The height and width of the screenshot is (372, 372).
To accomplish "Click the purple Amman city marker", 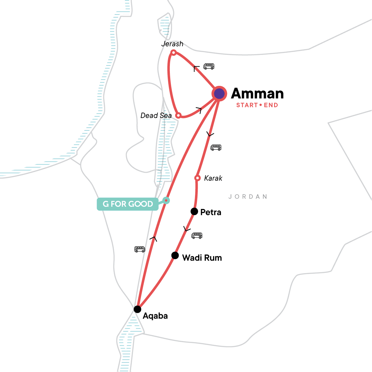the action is pos(219,94).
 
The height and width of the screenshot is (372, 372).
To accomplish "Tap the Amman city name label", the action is pos(257,94).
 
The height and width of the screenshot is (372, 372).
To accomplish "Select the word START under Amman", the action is pos(247,105).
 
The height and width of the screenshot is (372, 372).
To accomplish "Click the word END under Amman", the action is pos(271,105).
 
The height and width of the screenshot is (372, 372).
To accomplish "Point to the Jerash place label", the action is pos(172,44).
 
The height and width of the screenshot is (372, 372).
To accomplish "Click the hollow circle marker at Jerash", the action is pos(174,53).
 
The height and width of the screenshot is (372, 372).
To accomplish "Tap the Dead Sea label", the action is pos(156,116).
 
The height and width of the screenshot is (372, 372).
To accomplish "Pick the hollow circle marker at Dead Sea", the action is pos(178,116).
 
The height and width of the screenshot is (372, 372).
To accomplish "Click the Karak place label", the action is pos(213,178).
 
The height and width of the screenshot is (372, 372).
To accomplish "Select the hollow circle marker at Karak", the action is pos(197,178).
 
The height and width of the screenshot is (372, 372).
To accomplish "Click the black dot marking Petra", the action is pos(194,211).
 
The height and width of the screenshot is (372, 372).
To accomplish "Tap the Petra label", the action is pos(211,212).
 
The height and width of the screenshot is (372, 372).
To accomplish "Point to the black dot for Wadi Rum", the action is pos(175,255).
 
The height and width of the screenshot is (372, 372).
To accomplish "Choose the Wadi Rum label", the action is pos(202,258).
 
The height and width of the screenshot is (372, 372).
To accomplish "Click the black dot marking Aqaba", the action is pos(137,309).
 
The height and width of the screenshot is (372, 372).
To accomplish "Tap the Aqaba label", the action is pos(155,316).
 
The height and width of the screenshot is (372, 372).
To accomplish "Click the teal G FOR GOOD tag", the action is pos(128,204).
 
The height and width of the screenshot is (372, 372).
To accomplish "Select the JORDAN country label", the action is pos(248,197).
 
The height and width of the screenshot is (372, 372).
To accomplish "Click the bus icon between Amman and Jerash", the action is pos(209,66).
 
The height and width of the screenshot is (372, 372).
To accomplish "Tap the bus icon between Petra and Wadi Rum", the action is pos(197,236).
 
